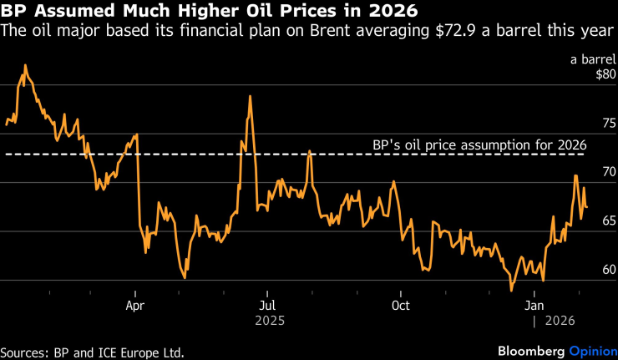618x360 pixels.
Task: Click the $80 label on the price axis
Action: (x=605, y=74)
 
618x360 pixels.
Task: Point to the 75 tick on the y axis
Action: (x=609, y=123)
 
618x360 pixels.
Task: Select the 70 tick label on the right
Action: (x=609, y=172)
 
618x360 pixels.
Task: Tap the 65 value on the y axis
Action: (x=609, y=221)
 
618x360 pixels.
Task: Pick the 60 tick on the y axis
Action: (x=609, y=270)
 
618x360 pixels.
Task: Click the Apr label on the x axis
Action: (x=135, y=305)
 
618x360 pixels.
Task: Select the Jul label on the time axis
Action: (x=266, y=305)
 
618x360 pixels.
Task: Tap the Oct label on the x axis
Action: (x=401, y=305)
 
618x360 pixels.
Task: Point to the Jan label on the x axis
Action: (x=534, y=305)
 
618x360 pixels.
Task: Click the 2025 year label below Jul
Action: (x=266, y=320)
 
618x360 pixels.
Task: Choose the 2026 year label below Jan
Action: (x=561, y=320)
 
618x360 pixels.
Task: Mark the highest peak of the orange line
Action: (x=25, y=65)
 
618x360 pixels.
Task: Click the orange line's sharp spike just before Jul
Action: (x=250, y=96)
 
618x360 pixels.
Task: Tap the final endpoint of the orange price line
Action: (x=586, y=207)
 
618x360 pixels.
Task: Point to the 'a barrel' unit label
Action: (x=592, y=58)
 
